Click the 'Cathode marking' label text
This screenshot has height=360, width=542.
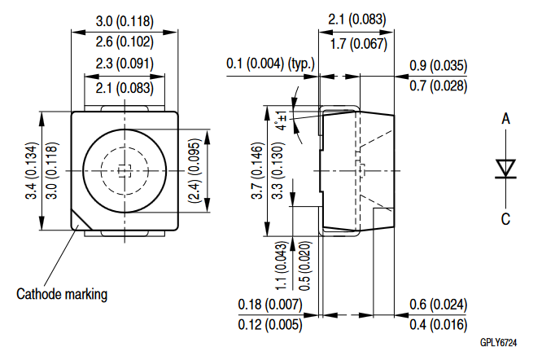(62, 294)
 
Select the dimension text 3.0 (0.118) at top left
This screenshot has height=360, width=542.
(125, 21)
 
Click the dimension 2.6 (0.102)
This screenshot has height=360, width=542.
(125, 42)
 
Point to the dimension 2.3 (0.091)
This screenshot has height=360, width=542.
(125, 64)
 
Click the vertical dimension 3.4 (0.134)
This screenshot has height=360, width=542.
(31, 171)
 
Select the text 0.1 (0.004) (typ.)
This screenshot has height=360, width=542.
(271, 64)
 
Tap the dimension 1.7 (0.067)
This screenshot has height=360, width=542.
(358, 44)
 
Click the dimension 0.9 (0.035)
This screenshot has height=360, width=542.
(439, 66)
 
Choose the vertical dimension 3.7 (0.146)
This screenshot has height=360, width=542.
(257, 171)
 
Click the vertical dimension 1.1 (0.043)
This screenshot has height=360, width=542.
(281, 266)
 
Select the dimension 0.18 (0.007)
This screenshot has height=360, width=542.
(270, 305)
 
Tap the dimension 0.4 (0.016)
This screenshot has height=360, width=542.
(439, 325)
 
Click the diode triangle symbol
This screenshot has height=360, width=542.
(505, 168)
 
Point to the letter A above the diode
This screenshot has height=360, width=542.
(505, 119)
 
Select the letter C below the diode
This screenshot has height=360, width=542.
(505, 219)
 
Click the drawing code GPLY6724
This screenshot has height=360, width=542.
(498, 343)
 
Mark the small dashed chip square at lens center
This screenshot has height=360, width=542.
(125, 171)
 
